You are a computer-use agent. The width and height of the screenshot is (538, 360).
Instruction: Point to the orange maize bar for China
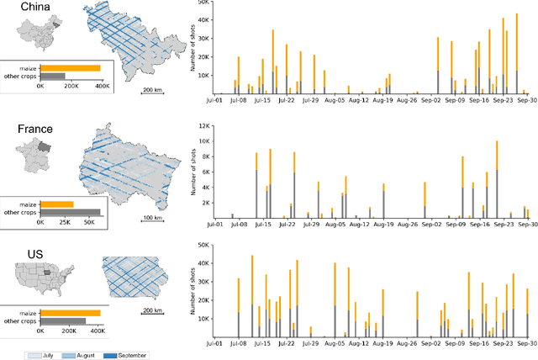click(70, 68)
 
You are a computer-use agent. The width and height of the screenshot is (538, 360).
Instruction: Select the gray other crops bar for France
click(70, 212)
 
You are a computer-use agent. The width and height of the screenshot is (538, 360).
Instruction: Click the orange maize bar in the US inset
click(70, 313)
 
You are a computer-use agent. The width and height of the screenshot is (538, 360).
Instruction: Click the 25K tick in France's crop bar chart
click(68, 226)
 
